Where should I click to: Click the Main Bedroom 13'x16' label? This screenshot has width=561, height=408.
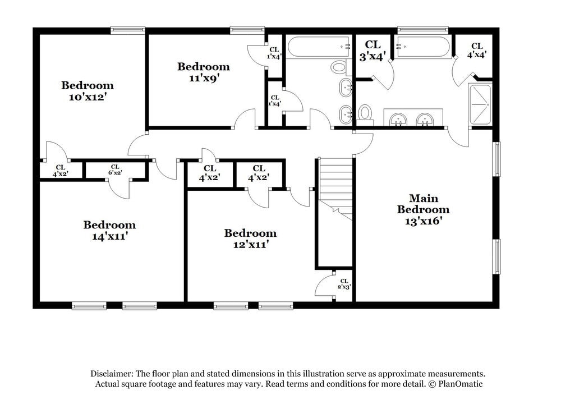(424, 209)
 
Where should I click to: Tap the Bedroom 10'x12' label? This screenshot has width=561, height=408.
(88, 91)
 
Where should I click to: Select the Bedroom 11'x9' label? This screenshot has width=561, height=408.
(203, 72)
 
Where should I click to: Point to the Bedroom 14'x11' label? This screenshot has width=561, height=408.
(109, 231)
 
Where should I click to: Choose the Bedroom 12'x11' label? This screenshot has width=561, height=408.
(250, 239)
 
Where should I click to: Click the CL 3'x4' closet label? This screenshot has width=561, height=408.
(373, 50)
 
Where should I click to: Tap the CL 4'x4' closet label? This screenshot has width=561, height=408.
(476, 50)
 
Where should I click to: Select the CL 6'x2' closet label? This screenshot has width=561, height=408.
(115, 169)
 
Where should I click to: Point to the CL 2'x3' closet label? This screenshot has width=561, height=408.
(343, 283)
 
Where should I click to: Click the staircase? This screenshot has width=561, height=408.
(336, 188)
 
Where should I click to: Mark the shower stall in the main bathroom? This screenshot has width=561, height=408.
(480, 104)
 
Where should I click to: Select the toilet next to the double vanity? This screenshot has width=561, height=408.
(365, 112)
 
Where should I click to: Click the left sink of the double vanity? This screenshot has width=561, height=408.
(399, 119)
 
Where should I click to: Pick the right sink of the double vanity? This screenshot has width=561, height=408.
(425, 119)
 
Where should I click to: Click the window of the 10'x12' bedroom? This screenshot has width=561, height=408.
(128, 30)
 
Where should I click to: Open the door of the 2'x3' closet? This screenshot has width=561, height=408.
(325, 286)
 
